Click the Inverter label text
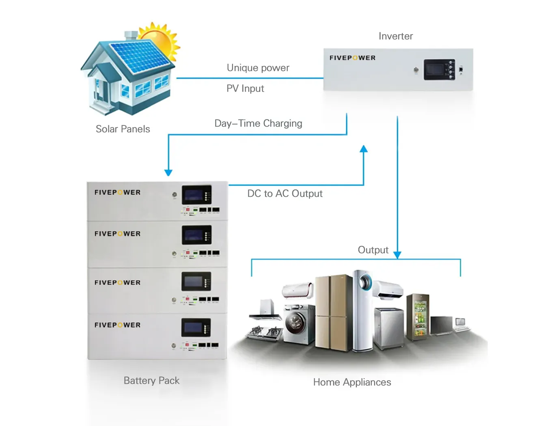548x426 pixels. [396, 36]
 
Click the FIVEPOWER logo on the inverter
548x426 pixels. [352, 58]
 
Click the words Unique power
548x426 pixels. [258, 68]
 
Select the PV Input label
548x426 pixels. [245, 88]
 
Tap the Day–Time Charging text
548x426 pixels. [258, 123]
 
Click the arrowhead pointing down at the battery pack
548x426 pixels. [168, 173]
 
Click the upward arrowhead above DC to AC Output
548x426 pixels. [363, 149]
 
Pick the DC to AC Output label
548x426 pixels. [285, 194]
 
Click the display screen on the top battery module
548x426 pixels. [197, 195]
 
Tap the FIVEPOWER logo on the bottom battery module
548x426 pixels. [118, 325]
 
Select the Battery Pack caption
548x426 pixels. [151, 381]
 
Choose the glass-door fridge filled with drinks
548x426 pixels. [418, 317]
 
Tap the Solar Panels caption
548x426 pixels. [123, 129]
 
